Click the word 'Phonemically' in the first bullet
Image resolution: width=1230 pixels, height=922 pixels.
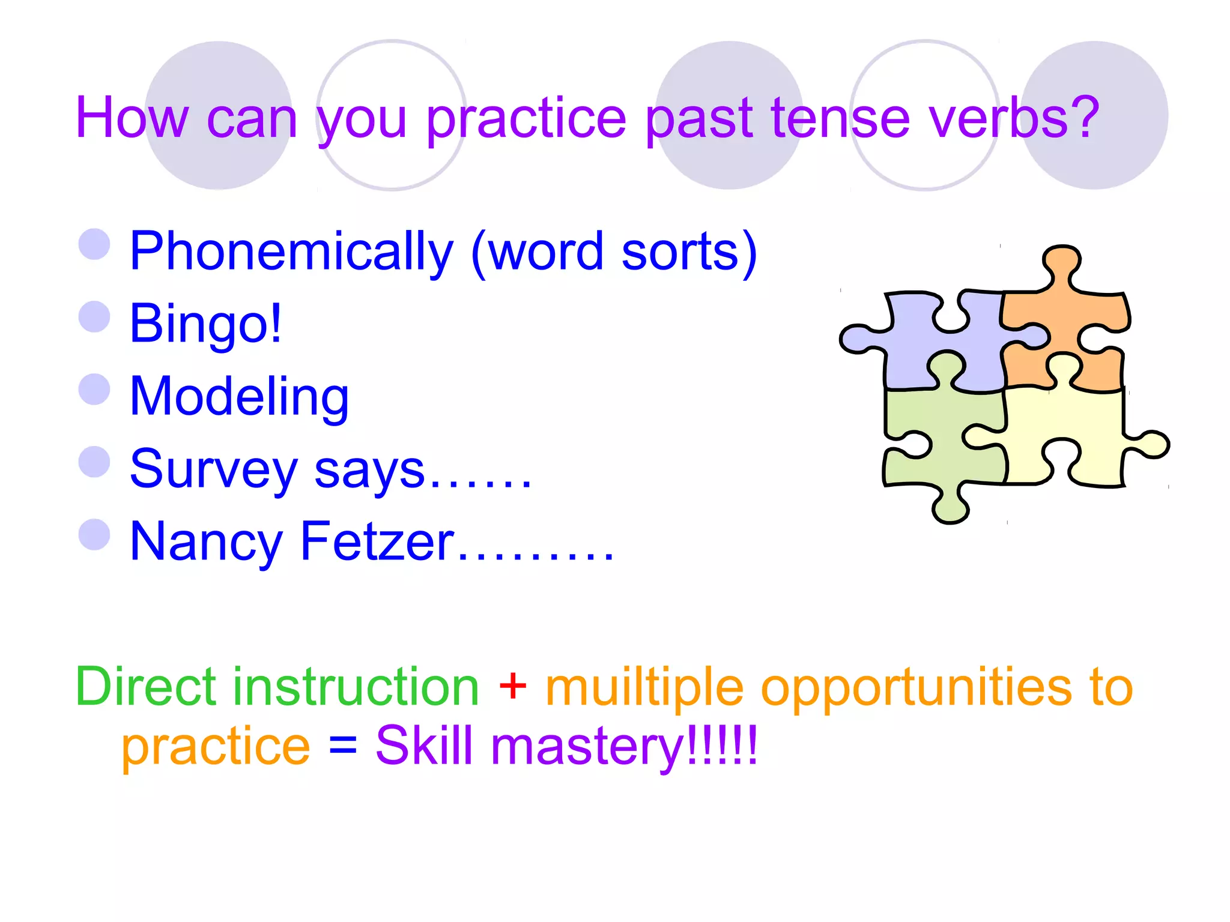pos(291,252)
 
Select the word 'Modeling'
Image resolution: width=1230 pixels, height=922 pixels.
pos(239,397)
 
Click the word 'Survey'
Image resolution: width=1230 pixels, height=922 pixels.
pos(213,470)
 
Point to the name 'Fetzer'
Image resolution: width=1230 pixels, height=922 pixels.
pos(377,542)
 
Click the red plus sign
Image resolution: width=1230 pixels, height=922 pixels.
pos(512,686)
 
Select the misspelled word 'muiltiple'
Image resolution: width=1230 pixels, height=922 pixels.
pos(644,688)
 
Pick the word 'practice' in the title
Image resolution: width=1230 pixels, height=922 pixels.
pos(526,119)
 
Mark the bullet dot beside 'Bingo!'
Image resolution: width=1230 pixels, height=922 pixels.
pos(94,316)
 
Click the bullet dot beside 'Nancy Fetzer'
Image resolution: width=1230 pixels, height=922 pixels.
pos(94,534)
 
